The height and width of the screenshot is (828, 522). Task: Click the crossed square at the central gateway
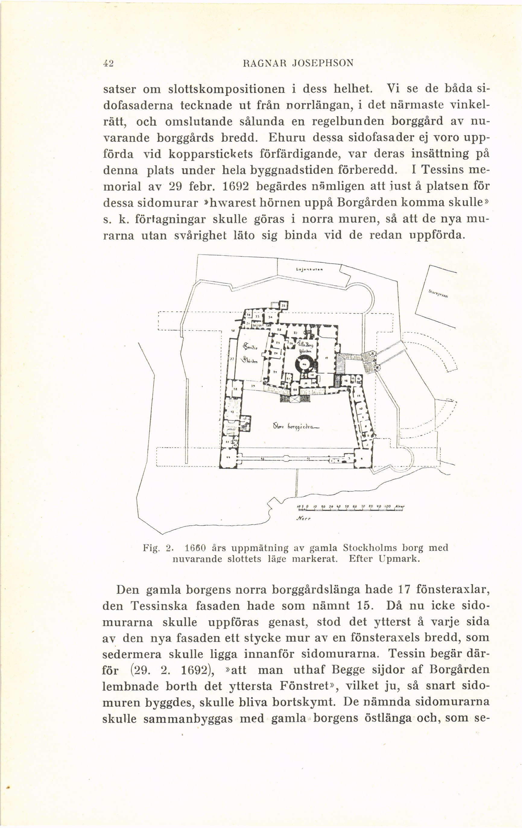coord(295,399)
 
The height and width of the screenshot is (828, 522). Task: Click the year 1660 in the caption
coord(195,547)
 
